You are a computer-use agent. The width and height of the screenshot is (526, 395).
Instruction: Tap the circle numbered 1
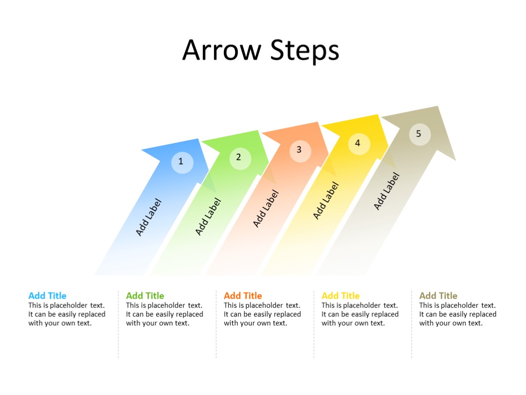click(x=182, y=162)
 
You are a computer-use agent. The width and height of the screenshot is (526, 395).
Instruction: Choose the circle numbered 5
click(x=420, y=134)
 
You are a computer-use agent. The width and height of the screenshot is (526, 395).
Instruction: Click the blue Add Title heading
click(x=47, y=296)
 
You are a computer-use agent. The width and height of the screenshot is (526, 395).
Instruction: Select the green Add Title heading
click(x=145, y=296)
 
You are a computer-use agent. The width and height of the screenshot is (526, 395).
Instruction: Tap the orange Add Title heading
click(x=242, y=296)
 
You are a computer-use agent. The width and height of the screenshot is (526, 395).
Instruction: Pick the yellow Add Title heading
click(x=340, y=296)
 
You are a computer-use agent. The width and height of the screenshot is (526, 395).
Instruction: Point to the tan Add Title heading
click(x=438, y=296)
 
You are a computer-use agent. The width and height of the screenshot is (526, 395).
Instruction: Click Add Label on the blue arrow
click(x=148, y=218)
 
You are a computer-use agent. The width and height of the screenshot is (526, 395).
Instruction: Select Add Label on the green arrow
click(x=208, y=217)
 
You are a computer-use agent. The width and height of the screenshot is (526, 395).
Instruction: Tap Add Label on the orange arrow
click(x=265, y=209)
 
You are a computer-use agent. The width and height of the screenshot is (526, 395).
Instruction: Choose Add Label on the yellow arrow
click(x=325, y=200)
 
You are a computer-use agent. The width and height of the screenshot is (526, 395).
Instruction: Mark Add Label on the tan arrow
click(x=387, y=191)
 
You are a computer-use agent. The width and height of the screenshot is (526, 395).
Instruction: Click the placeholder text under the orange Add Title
click(x=262, y=314)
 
